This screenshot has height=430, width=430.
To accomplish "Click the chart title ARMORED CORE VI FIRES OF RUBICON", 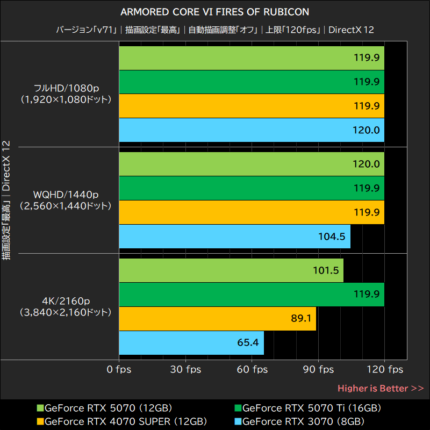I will [215, 12].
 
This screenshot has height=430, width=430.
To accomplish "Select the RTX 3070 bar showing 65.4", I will [191, 342].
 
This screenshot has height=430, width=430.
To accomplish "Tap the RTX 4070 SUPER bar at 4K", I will [217, 319].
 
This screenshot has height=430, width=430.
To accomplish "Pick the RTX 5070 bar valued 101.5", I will [231, 270].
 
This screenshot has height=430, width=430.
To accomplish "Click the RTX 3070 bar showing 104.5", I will [234, 236].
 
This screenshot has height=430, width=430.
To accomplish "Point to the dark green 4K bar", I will [251, 295].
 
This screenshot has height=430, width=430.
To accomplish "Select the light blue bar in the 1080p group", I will [251, 130].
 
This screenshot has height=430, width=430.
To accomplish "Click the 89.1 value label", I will [301, 319].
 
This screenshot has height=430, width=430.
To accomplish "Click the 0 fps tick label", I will [119, 370].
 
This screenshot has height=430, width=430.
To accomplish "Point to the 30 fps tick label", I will [186, 370].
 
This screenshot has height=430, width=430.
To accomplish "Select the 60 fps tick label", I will [252, 370].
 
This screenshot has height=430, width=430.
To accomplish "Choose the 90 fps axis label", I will [318, 370].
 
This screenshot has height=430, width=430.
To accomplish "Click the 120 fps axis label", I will [385, 370].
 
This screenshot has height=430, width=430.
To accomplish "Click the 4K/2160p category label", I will [65, 301].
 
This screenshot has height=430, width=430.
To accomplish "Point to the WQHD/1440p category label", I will [65, 195].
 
